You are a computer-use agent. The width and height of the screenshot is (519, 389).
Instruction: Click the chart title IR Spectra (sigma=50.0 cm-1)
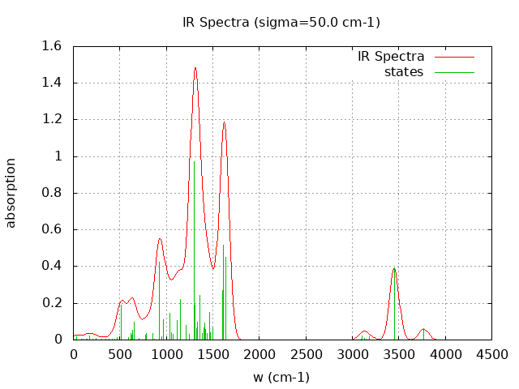281,22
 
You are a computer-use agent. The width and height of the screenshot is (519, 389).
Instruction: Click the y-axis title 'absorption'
11,193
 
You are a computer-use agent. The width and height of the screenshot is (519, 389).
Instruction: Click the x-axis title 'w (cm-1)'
281,377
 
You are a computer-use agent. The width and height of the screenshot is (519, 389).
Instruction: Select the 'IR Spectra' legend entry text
391,57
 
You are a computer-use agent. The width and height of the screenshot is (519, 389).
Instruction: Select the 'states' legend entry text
404,72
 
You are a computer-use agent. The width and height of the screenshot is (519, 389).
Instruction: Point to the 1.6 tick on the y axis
55,46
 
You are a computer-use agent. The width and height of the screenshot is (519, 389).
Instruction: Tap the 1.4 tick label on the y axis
55,83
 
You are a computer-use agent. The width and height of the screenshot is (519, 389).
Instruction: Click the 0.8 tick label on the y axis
55,193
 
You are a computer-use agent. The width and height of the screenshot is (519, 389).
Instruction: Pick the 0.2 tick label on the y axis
55,303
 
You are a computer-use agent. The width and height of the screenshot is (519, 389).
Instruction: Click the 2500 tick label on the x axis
306,354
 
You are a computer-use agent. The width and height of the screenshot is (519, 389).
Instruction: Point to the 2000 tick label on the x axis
259,354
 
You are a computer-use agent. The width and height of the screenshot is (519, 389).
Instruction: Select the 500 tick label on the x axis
120,354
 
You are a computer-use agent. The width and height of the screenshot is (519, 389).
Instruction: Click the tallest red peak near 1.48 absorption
195,68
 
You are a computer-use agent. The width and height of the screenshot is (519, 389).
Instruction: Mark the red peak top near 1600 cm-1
224,122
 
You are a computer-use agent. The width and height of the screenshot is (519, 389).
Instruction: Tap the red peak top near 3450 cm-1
394,268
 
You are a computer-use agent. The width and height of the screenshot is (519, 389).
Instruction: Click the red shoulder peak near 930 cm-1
160,239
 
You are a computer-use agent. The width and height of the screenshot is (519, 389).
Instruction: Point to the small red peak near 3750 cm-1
423,329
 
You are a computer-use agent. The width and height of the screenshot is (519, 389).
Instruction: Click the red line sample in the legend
454,57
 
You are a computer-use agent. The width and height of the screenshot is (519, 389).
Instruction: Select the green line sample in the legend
454,72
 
